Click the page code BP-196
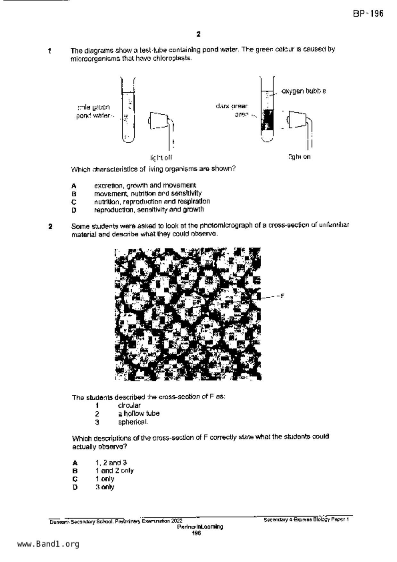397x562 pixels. pyautogui.click(x=368, y=14)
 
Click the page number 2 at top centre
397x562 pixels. pyautogui.click(x=199, y=34)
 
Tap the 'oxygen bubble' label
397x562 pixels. pyautogui.click(x=304, y=91)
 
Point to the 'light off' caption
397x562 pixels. pyautogui.click(x=161, y=158)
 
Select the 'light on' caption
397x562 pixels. pyautogui.click(x=299, y=157)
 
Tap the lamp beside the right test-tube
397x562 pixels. pyautogui.click(x=297, y=119)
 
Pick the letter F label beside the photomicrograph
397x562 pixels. pyautogui.click(x=282, y=296)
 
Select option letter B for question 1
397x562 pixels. pyautogui.click(x=74, y=194)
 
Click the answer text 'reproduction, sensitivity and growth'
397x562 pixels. pyautogui.click(x=149, y=210)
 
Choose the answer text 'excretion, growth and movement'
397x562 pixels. pyautogui.click(x=145, y=186)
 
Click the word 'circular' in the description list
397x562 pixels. pyautogui.click(x=129, y=405)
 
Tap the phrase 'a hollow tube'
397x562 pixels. pyautogui.click(x=138, y=414)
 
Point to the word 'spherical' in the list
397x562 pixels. pyautogui.click(x=133, y=422)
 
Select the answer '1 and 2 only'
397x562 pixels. pyautogui.click(x=114, y=471)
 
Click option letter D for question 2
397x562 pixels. pyautogui.click(x=75, y=487)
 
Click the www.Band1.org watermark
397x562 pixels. pyautogui.click(x=48, y=544)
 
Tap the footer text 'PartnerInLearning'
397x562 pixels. pyautogui.click(x=200, y=527)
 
